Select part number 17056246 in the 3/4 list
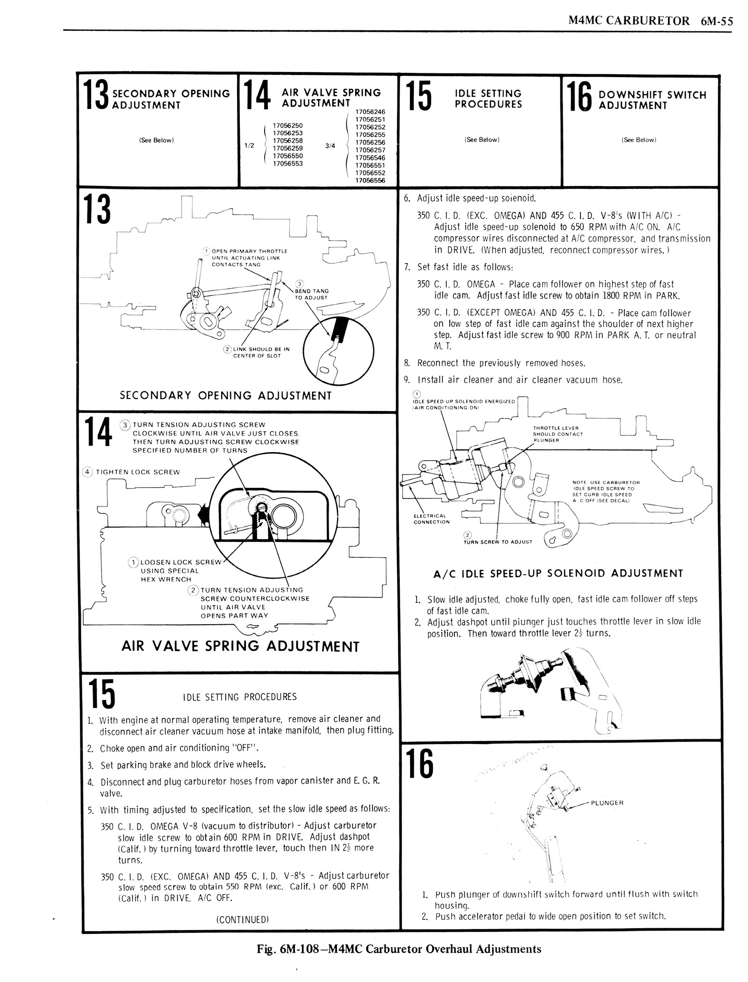tap(370, 112)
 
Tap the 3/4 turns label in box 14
tap(330, 145)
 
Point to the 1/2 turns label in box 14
tap(249, 145)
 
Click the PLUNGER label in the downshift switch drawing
tap(607, 803)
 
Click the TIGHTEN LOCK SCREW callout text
tap(137, 472)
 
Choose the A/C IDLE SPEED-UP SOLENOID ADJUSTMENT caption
tap(558, 573)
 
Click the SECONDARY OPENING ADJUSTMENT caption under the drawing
tap(226, 396)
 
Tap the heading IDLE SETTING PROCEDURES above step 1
tap(239, 697)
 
